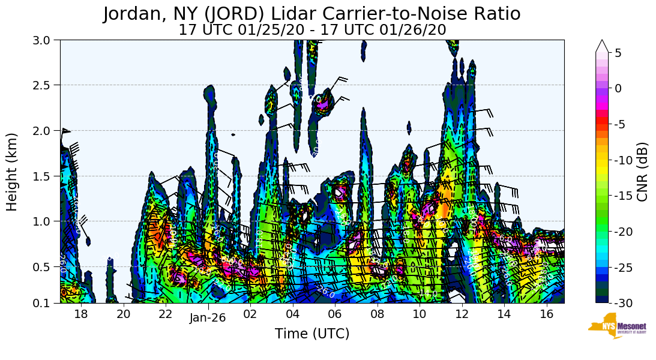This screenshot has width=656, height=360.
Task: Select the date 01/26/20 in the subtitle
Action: [414, 30]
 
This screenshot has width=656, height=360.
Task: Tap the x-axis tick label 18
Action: [81, 314]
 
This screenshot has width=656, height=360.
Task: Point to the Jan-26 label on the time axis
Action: [208, 318]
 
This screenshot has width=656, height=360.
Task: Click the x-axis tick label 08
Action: [377, 314]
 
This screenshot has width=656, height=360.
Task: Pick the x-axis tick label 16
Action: [546, 314]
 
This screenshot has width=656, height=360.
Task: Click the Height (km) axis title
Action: [13, 172]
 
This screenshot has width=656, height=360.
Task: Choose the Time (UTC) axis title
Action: [312, 334]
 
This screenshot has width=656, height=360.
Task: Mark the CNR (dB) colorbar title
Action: [642, 172]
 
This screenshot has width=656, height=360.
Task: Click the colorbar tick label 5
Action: [618, 53]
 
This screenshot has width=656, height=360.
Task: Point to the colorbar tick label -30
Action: [622, 303]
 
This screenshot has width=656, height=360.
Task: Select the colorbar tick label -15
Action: [622, 196]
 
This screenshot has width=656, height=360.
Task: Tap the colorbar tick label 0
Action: [618, 88]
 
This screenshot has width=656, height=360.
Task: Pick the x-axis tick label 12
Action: [462, 314]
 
